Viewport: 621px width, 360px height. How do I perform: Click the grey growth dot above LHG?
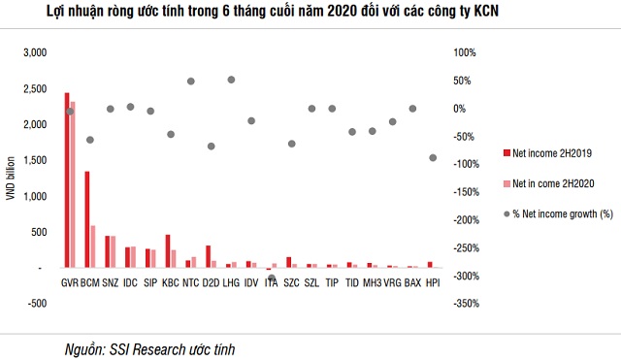click(231, 80)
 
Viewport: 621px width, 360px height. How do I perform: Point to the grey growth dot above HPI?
click(433, 157)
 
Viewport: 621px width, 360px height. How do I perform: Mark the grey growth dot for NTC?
click(190, 82)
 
